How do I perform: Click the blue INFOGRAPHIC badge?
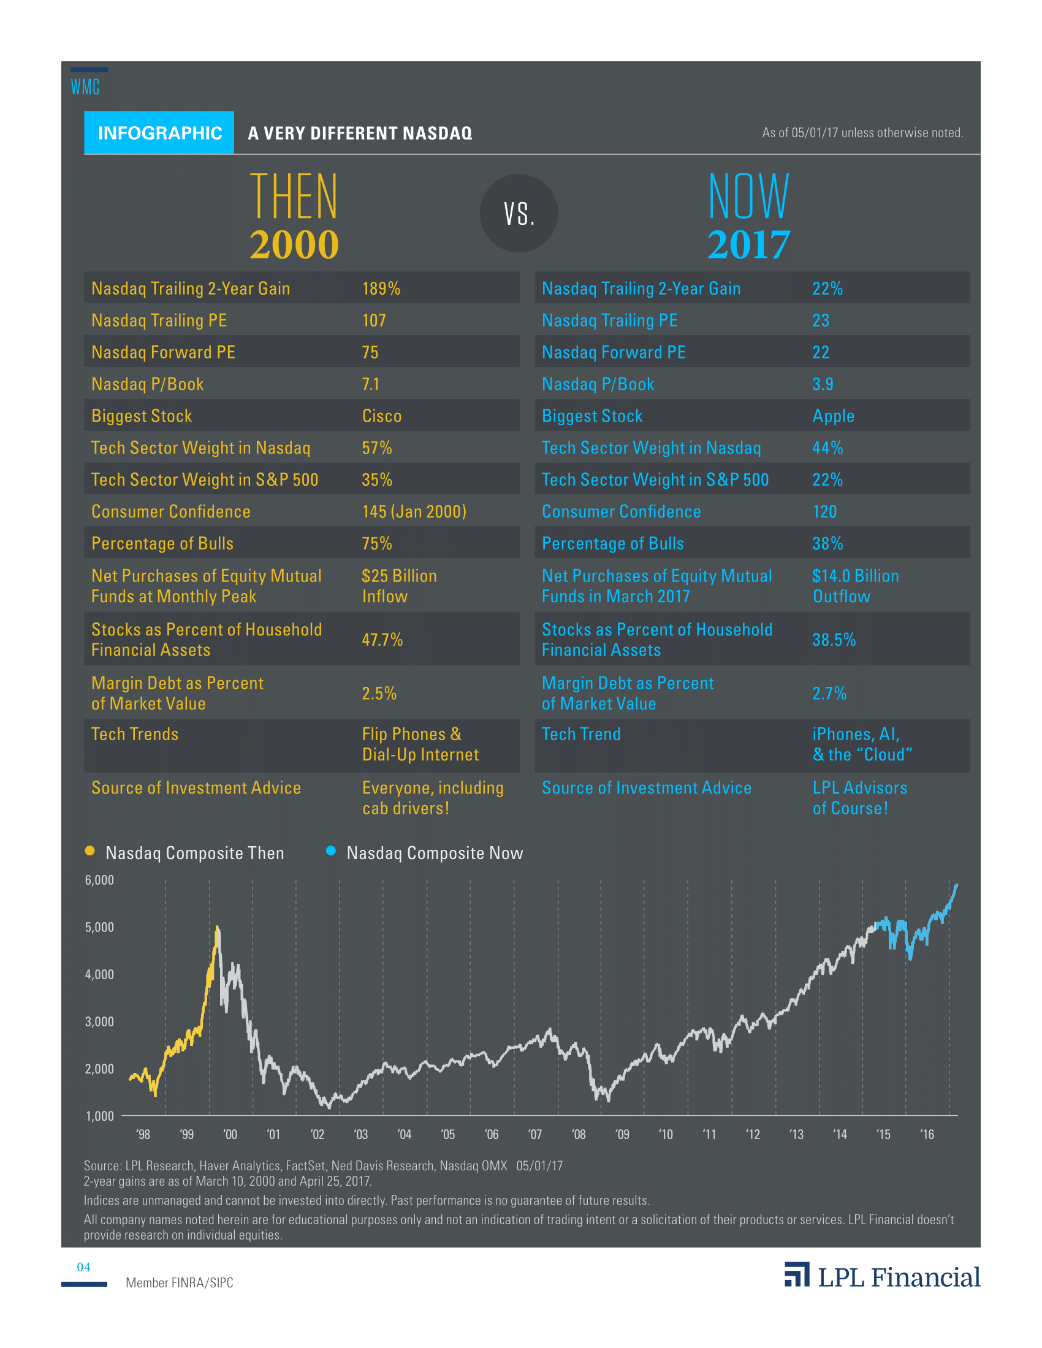point(159,133)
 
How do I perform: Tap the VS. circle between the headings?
point(519,214)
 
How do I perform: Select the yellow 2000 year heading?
point(294,244)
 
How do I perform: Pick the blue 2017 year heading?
point(748,244)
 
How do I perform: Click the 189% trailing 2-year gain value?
point(381,288)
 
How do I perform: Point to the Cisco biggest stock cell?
point(381,416)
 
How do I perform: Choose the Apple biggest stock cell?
point(833,416)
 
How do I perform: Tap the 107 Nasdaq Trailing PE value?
point(373,320)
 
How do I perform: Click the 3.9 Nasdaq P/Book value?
point(822,384)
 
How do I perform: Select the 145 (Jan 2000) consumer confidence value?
point(414,512)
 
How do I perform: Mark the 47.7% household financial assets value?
point(382,640)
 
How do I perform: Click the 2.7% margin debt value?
point(829,693)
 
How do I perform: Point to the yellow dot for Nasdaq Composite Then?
point(89,851)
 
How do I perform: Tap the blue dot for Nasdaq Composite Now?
point(331,851)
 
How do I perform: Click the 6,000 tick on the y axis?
point(99,880)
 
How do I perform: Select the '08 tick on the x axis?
point(579,1134)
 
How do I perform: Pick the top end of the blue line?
point(956,885)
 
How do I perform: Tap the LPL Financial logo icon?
point(796,1274)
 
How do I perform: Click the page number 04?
point(83,1267)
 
